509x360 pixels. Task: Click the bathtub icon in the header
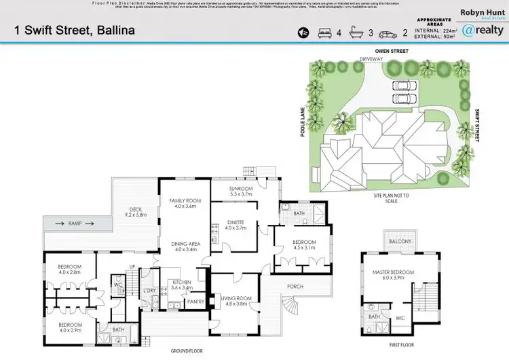(356, 32)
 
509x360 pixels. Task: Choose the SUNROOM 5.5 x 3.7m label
(241, 191)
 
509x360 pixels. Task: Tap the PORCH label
(295, 287)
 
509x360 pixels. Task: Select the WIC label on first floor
(399, 317)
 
